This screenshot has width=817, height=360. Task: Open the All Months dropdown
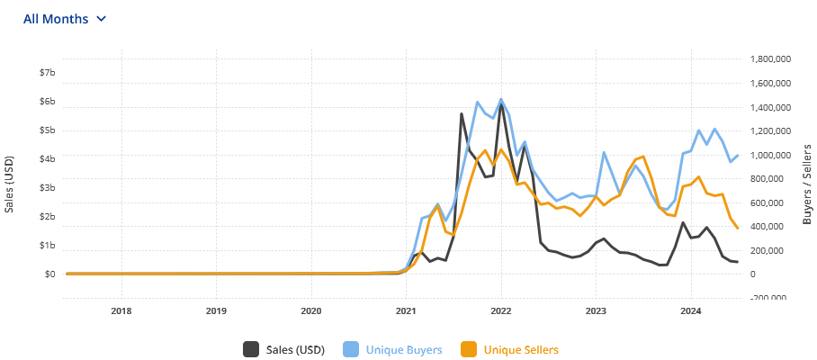coord(65,19)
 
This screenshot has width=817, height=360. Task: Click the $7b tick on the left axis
coord(45,73)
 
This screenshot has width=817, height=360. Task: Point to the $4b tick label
coord(45,159)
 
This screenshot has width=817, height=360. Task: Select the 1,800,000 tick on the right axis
coord(769,59)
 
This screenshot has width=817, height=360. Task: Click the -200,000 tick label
coord(768,298)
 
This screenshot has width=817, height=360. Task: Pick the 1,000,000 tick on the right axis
coord(769,155)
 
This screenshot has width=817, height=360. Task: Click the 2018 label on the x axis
coord(121,312)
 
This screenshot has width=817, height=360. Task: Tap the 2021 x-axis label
coord(406,312)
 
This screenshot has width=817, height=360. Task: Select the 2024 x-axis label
coord(691,312)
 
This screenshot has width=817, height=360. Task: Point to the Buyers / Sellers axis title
coord(806,184)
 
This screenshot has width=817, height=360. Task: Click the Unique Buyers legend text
coord(404,349)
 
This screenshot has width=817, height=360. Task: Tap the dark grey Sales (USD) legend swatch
coord(252,349)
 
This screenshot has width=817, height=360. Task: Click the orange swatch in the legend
coord(469,349)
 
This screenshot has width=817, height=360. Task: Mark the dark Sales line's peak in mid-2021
coord(462,114)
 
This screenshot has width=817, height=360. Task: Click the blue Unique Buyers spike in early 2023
coord(604,153)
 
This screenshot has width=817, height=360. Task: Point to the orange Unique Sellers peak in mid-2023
coord(643,157)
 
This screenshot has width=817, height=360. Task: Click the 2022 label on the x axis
coord(501,312)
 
